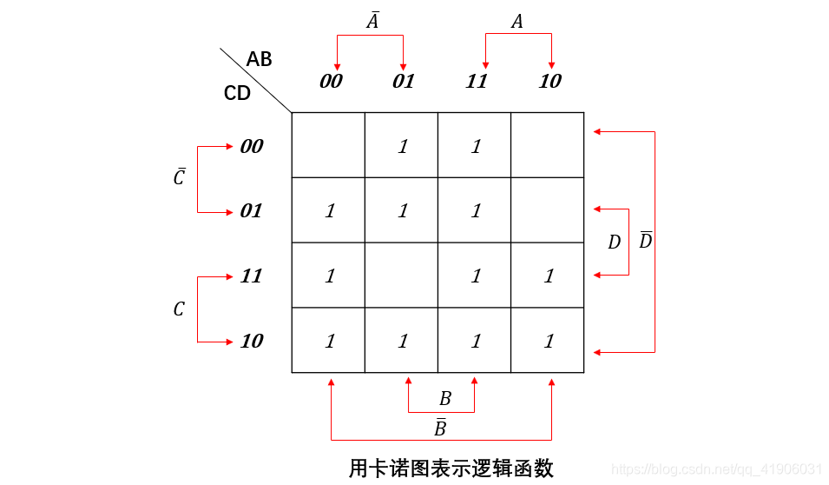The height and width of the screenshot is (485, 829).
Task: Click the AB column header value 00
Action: click(x=331, y=82)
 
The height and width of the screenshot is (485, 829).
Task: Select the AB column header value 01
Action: click(x=404, y=82)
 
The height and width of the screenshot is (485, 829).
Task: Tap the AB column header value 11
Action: click(x=477, y=82)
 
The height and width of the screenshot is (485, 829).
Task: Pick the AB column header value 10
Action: click(x=549, y=82)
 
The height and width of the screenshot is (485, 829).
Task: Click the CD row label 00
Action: click(x=251, y=147)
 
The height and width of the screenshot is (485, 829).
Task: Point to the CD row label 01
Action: click(x=251, y=211)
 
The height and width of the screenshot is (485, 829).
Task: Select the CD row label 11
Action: click(x=251, y=276)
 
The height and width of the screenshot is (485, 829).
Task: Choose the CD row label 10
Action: click(x=251, y=342)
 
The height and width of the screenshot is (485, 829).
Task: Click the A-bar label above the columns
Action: click(x=372, y=21)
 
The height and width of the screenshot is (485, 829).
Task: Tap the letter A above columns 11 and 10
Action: click(x=517, y=22)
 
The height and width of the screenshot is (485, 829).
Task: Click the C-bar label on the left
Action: click(x=179, y=177)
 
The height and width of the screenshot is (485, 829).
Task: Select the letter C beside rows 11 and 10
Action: click(x=179, y=309)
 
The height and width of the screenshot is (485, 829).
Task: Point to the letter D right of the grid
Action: click(x=614, y=242)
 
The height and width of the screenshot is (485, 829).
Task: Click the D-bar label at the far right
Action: click(x=645, y=241)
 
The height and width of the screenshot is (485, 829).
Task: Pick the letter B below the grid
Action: click(x=444, y=399)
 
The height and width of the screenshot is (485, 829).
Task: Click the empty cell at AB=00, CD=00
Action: click(x=328, y=145)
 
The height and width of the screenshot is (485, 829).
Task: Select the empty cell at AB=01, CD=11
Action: click(x=401, y=276)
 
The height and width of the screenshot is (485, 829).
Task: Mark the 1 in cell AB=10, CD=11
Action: click(x=548, y=276)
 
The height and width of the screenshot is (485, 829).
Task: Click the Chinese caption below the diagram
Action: click(x=451, y=468)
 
